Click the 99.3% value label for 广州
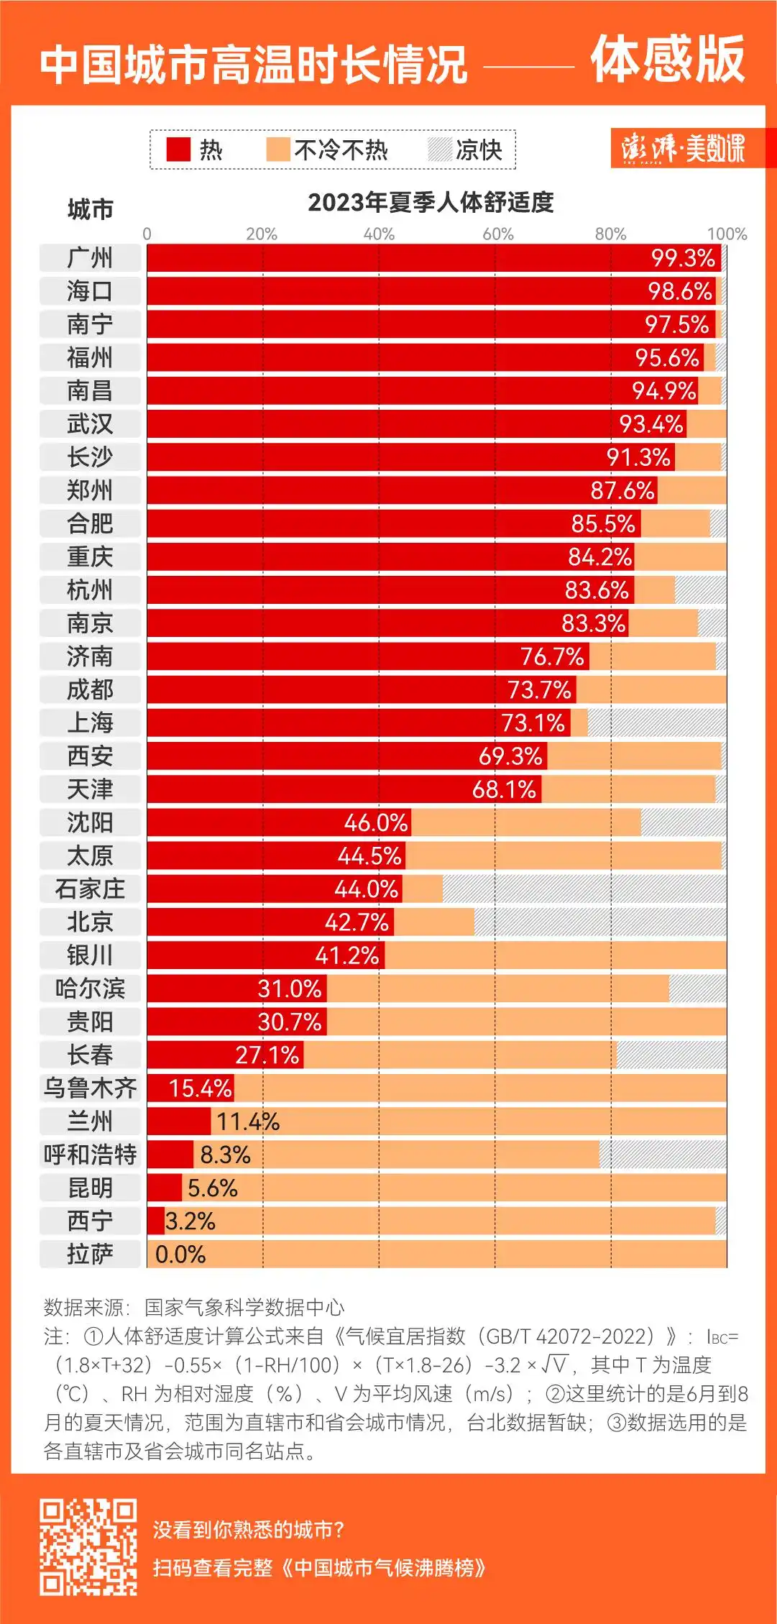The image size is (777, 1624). (682, 258)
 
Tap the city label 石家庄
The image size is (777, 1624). (90, 889)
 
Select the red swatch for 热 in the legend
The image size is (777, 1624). (178, 150)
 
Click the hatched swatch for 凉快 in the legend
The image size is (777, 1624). (439, 150)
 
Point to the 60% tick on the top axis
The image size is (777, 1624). (497, 234)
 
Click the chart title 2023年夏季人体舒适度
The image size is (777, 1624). (431, 203)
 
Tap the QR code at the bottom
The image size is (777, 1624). (88, 1548)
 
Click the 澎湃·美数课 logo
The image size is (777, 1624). (684, 148)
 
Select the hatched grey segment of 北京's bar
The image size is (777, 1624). (599, 922)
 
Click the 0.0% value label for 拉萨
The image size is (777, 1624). (180, 1254)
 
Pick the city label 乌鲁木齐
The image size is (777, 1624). (90, 1088)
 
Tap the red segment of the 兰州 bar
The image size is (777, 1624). (178, 1121)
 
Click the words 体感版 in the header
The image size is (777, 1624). (667, 60)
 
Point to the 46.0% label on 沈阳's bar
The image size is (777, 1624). (375, 822)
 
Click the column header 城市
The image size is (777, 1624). (91, 209)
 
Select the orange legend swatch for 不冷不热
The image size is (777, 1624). (277, 150)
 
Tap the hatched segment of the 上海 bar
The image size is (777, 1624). (656, 723)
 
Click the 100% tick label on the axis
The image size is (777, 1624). (727, 234)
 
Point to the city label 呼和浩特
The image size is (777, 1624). (90, 1155)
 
